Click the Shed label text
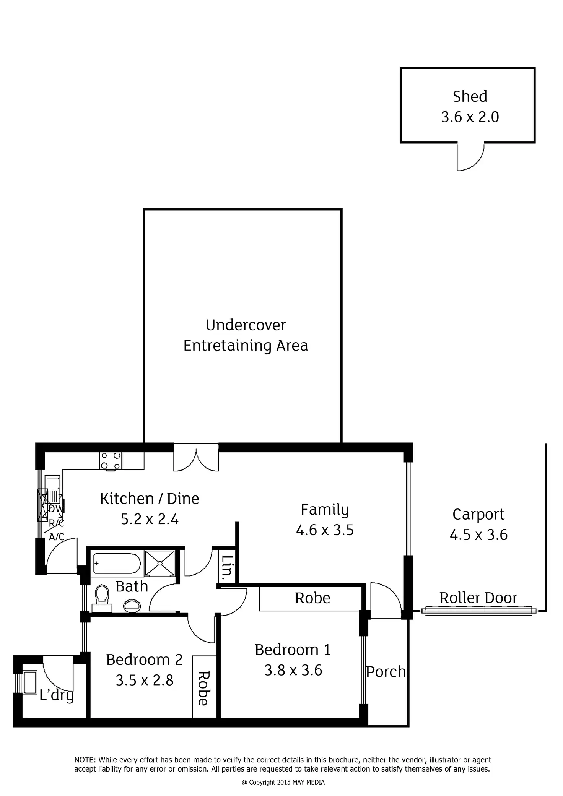470,97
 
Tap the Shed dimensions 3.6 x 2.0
470,117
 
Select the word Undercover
246,325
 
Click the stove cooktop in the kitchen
111,461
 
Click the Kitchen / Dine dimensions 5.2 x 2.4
150,519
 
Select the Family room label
325,510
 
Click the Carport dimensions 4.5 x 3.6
478,534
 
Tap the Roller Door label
478,598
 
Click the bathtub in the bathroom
117,564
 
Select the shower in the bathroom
160,563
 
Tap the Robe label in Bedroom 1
312,598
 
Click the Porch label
386,672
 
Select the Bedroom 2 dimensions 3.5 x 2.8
145,680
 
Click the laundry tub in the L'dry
29,682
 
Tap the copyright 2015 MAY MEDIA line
283,782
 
